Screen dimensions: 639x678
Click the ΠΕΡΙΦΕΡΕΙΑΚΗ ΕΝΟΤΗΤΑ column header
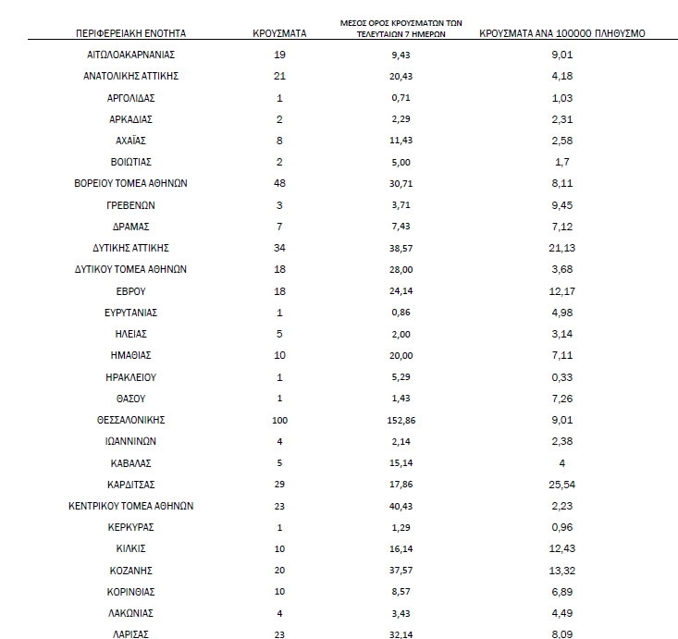[131, 33]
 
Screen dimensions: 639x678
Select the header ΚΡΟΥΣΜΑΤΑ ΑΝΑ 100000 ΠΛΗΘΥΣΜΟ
[561, 33]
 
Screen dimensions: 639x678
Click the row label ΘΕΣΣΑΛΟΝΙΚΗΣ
[131, 419]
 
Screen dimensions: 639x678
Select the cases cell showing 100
[278, 419]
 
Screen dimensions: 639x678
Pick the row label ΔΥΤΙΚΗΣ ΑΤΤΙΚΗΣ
[131, 248]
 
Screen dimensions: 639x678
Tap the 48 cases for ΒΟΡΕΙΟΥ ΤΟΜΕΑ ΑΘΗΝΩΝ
[278, 183]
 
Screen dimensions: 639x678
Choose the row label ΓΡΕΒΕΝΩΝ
[131, 205]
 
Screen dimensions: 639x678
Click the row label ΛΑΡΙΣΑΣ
[131, 633]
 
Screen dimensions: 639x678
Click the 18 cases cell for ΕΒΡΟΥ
[278, 290]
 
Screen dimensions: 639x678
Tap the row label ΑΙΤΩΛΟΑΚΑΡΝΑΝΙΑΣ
[131, 55]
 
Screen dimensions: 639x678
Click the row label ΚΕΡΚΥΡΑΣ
[131, 526]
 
